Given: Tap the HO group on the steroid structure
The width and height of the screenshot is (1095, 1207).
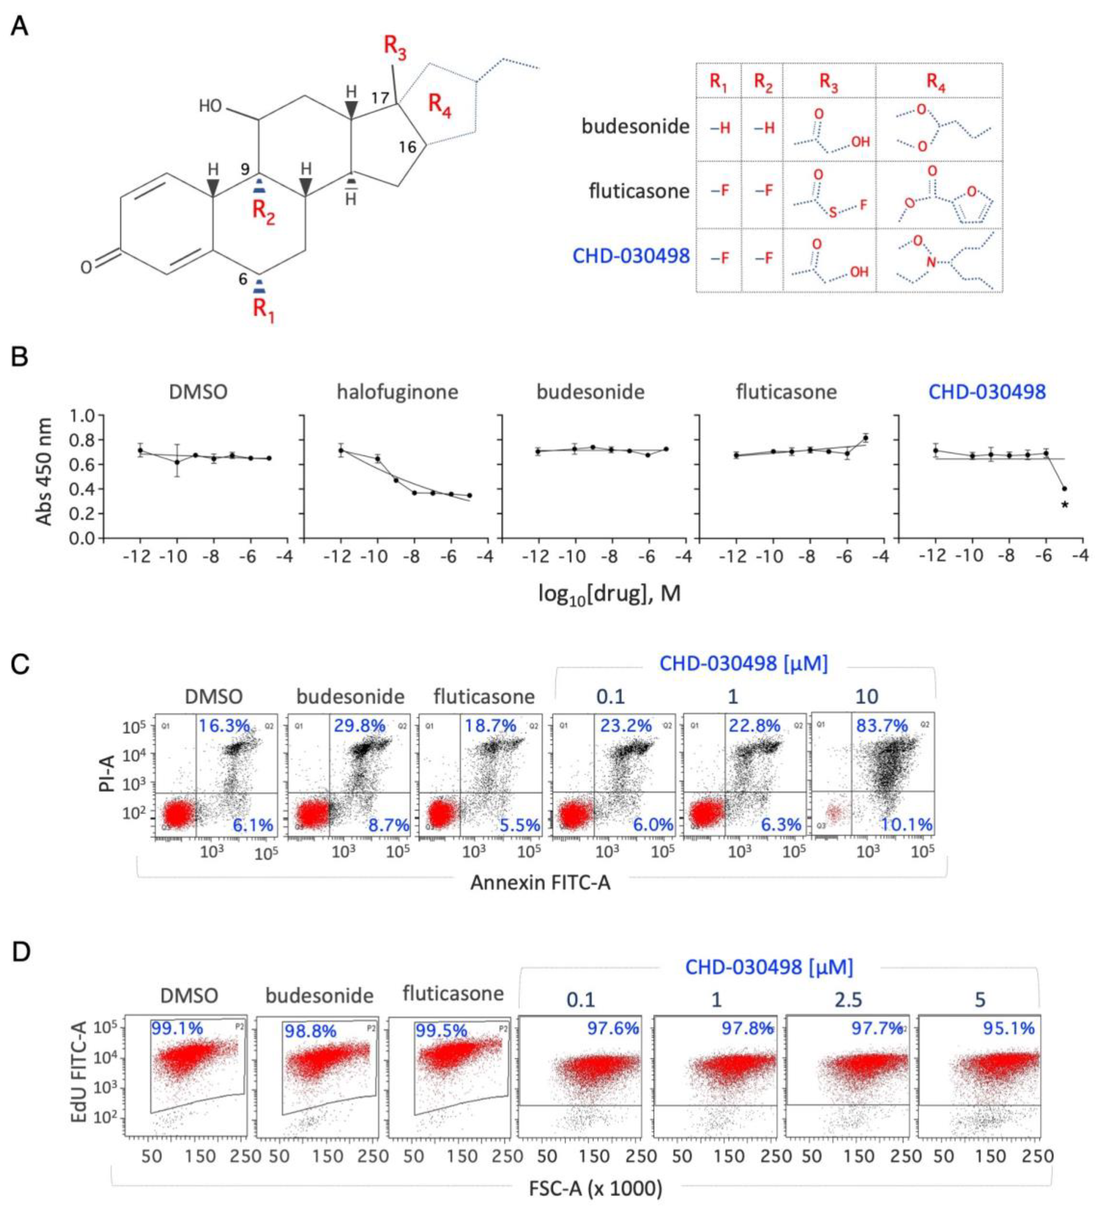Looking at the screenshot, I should point(211,106).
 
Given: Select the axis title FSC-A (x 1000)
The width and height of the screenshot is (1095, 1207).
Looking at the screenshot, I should point(595,1188).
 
